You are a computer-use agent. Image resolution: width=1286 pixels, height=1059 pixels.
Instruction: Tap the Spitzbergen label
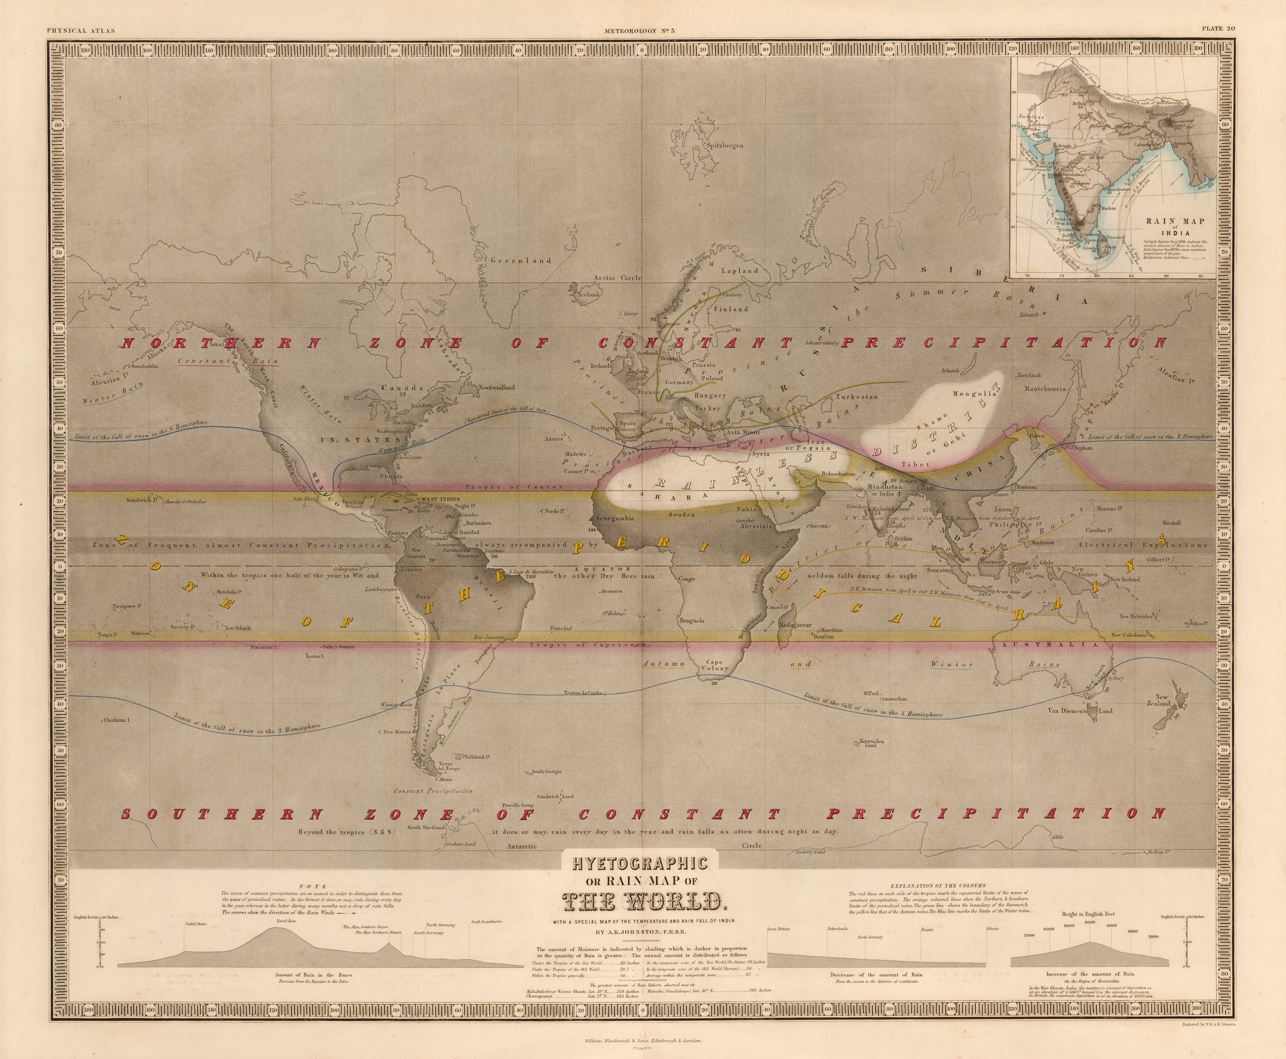point(725,146)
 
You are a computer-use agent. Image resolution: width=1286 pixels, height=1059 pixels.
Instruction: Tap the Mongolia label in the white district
point(974,393)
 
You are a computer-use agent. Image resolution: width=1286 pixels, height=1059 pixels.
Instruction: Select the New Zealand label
point(1162,700)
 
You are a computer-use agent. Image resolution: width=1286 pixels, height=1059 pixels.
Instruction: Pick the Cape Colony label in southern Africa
point(715,665)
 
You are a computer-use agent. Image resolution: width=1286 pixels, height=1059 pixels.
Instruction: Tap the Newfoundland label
point(496,387)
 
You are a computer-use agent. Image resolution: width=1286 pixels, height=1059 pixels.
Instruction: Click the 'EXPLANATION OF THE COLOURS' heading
point(938,885)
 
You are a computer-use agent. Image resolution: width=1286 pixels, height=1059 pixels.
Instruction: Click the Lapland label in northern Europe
point(740,270)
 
